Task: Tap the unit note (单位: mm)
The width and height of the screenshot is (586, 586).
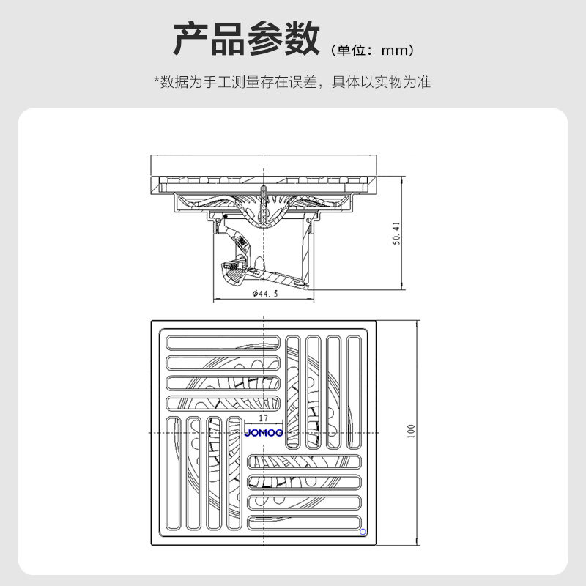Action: pos(373,51)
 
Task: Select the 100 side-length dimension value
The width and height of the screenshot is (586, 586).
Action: pos(411,432)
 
